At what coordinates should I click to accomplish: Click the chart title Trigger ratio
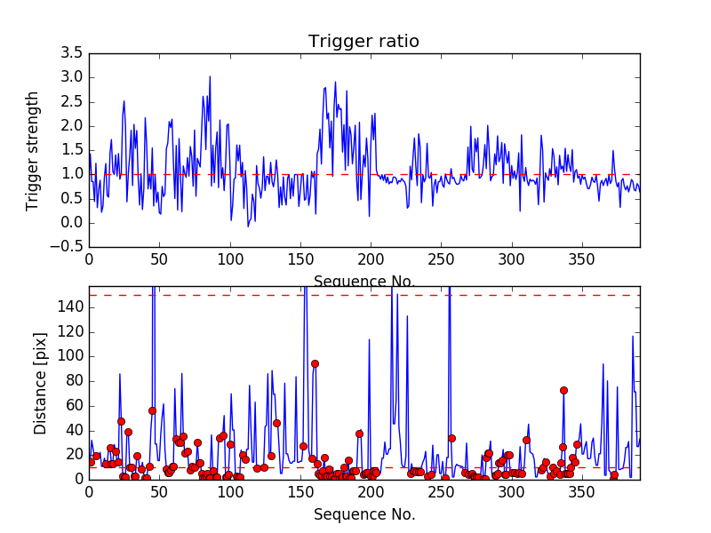(x=363, y=42)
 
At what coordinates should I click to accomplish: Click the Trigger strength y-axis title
(x=33, y=151)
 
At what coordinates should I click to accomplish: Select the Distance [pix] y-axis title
(x=40, y=384)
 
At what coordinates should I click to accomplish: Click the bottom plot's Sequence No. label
(x=363, y=514)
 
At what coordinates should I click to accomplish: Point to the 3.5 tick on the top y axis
(x=72, y=53)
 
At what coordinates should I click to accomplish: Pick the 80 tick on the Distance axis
(x=75, y=381)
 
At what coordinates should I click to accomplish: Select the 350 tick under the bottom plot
(x=582, y=492)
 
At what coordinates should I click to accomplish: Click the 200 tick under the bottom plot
(x=371, y=492)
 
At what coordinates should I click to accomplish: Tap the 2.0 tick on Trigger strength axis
(x=72, y=126)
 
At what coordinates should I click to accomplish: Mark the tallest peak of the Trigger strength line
(x=210, y=76)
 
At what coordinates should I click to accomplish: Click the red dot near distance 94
(x=315, y=363)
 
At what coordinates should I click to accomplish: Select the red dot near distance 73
(x=563, y=390)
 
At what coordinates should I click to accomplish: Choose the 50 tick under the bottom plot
(x=159, y=492)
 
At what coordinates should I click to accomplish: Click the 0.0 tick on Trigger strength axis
(x=72, y=223)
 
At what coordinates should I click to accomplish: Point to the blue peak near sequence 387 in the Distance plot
(x=633, y=336)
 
